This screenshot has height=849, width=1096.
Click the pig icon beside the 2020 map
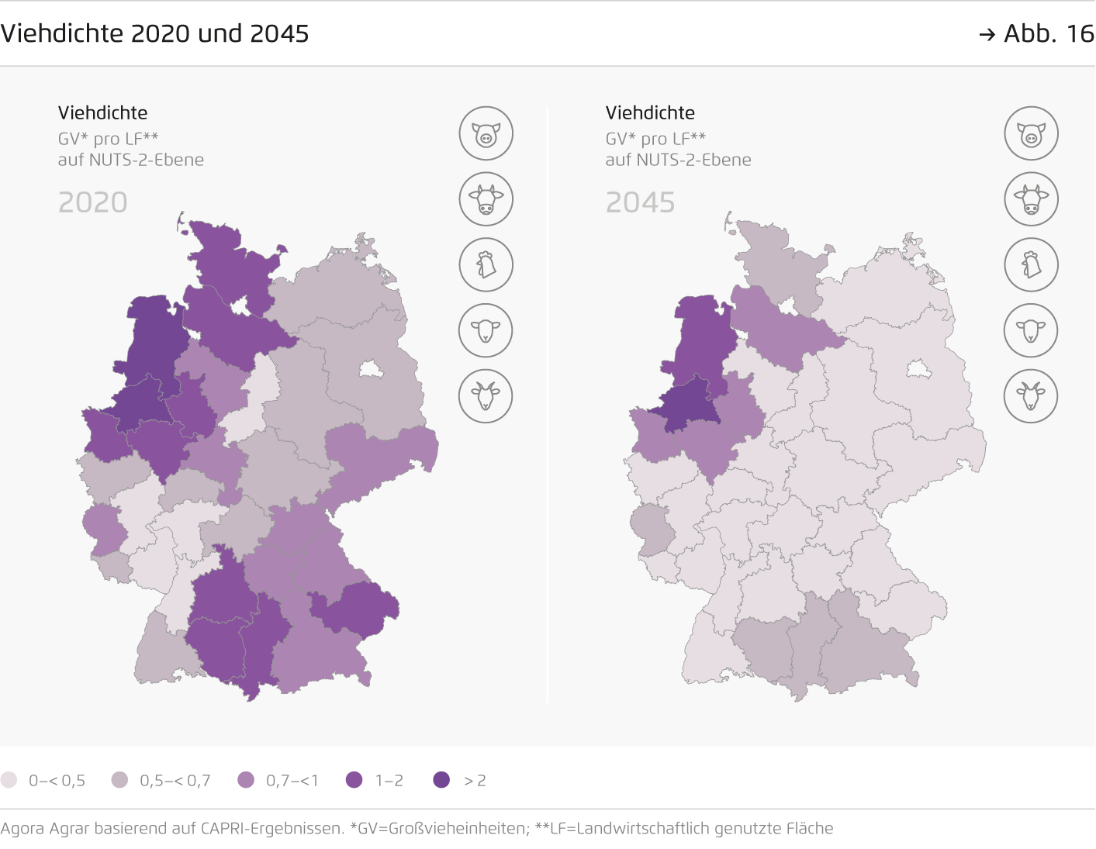(x=486, y=133)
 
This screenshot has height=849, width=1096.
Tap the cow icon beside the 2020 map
(x=486, y=199)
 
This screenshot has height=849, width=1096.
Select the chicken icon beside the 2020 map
(x=486, y=264)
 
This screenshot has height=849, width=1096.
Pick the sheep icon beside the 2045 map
(x=1031, y=330)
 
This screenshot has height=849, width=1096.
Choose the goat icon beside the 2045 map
(x=1031, y=395)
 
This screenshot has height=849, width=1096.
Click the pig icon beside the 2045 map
(x=1031, y=133)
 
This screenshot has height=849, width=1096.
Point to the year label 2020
(x=92, y=202)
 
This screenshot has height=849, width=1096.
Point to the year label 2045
(x=640, y=202)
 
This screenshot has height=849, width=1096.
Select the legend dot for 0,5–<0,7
(x=119, y=780)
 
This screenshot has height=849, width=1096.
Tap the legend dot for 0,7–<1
(x=246, y=780)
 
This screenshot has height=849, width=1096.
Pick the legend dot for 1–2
(x=354, y=780)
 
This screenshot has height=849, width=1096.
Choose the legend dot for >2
(x=441, y=780)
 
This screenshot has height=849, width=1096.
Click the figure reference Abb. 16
(x=1047, y=34)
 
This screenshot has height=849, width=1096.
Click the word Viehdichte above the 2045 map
(x=650, y=112)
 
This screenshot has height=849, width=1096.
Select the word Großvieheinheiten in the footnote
(x=458, y=828)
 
